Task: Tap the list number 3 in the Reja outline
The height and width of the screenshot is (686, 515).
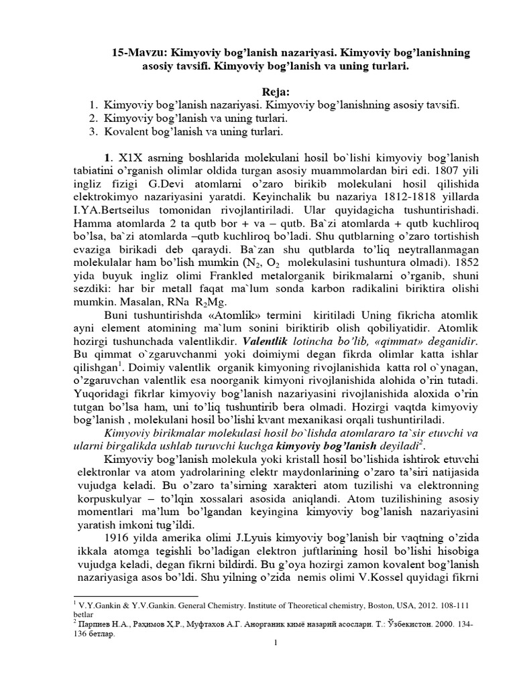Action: [93, 131]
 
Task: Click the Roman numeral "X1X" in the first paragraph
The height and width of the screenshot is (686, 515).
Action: [131, 158]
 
